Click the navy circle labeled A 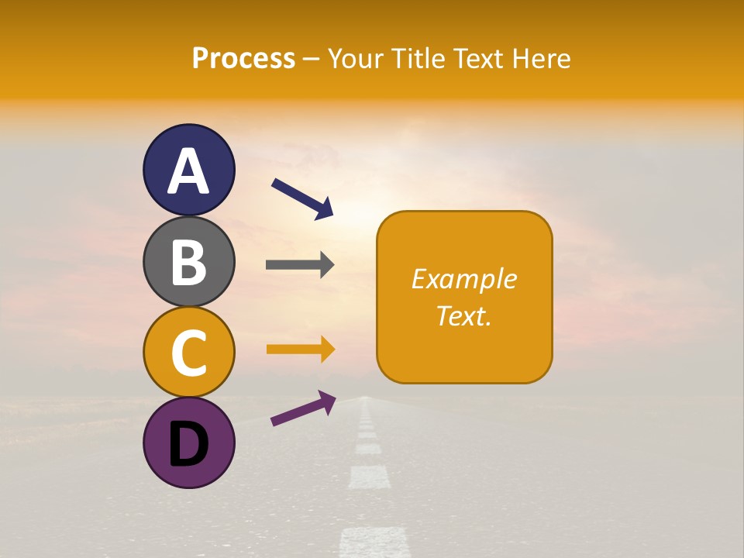188,170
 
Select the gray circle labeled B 188,261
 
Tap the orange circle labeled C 188,352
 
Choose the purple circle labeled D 188,443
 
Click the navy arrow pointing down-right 302,198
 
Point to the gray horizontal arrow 300,265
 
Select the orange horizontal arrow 301,350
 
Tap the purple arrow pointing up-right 303,408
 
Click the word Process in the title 243,59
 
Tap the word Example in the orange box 464,279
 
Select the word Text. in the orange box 464,315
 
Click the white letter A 188,171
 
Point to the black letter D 188,444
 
